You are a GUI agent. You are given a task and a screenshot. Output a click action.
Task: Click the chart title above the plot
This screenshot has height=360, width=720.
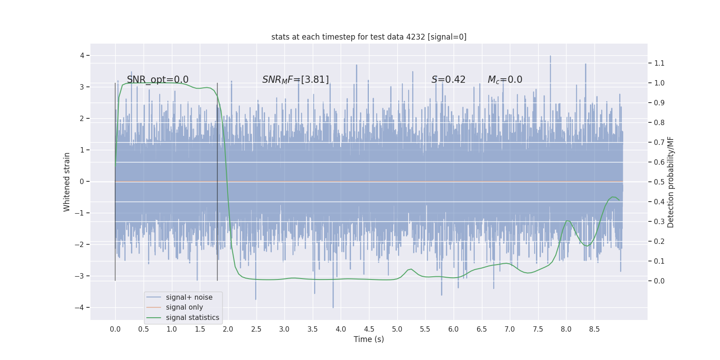tap(369, 37)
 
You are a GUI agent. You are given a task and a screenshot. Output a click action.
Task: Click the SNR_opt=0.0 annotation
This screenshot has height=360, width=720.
tap(157, 80)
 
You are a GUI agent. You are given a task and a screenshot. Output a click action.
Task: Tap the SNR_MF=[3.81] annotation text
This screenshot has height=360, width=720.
tap(296, 80)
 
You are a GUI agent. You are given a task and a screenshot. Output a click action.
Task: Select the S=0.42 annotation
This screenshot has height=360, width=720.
tap(448, 80)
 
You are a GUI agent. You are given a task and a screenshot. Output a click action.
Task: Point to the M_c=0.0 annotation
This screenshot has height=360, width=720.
tap(505, 80)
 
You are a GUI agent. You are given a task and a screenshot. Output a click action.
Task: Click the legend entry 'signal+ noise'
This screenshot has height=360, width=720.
tap(189, 297)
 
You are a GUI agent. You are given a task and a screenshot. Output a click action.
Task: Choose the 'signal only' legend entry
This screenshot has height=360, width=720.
tap(184, 307)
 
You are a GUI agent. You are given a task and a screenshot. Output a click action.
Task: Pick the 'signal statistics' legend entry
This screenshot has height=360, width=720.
tap(192, 318)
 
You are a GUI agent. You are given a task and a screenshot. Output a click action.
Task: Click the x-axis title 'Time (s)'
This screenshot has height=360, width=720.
tap(369, 339)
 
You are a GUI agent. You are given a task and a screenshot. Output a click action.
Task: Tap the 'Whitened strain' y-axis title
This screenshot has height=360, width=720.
tap(67, 182)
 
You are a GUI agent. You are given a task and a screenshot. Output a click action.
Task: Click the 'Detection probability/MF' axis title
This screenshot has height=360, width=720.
tap(671, 182)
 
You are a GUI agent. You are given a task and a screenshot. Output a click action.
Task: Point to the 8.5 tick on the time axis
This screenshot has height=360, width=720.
tap(594, 329)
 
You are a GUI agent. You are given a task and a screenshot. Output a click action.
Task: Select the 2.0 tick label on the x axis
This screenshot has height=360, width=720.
tap(228, 329)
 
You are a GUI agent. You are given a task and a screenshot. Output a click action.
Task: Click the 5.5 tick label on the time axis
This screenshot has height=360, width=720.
tap(425, 329)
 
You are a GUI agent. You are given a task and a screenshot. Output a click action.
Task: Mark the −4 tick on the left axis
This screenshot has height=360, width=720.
tap(81, 308)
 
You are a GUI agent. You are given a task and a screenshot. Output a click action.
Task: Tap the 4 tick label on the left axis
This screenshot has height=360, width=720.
tap(82, 56)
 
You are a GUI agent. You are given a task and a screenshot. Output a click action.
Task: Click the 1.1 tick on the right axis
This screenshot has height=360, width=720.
tap(659, 63)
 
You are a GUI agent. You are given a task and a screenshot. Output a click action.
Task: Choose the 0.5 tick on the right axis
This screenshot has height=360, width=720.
tap(659, 182)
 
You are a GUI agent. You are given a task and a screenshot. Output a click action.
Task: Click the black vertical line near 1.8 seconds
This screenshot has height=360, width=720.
tap(217, 180)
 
